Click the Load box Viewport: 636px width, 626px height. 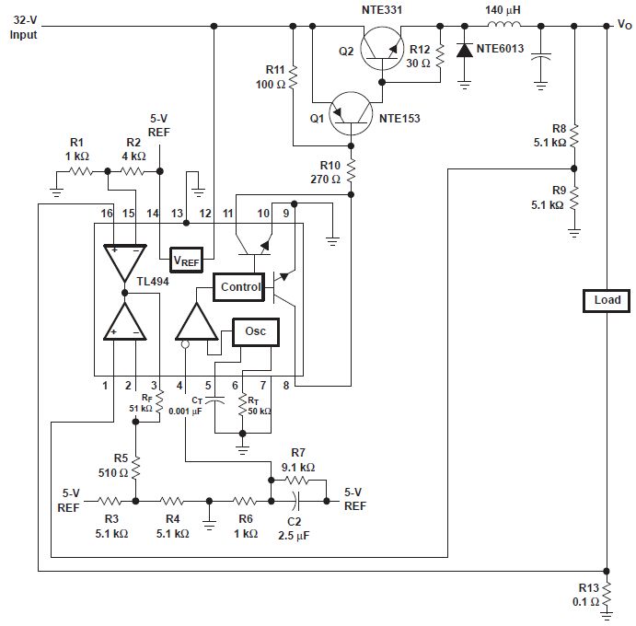(607, 300)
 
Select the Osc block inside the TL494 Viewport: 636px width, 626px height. (255, 331)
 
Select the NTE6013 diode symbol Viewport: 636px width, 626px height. (465, 52)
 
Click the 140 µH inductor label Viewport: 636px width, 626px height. (504, 10)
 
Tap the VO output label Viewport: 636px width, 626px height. (623, 26)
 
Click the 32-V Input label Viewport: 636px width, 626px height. (25, 28)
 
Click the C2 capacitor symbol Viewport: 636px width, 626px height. (296, 502)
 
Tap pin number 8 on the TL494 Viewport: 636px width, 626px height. (286, 385)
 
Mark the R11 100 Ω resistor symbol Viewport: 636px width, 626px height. (293, 77)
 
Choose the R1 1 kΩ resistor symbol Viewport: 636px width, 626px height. (79, 171)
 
